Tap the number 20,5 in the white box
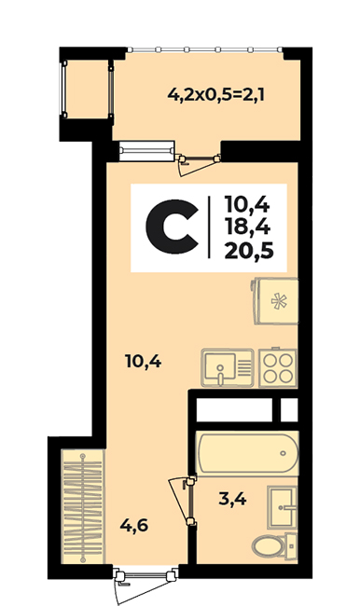pyautogui.click(x=249, y=251)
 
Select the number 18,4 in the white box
pyautogui.click(x=247, y=227)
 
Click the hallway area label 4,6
pyautogui.click(x=133, y=525)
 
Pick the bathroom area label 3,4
pyautogui.click(x=232, y=500)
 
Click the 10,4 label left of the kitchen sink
pyautogui.click(x=143, y=362)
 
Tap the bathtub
pyautogui.click(x=247, y=453)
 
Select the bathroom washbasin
pyautogui.click(x=283, y=507)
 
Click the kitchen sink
pyautogui.click(x=228, y=367)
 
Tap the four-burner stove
pyautogui.click(x=278, y=367)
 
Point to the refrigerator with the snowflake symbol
pyautogui.click(x=275, y=301)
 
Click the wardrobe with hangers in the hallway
pyautogui.click(x=83, y=506)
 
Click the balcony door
pyautogui.click(x=198, y=163)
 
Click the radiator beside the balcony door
pyautogui.click(x=146, y=151)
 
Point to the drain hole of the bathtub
pyautogui.click(x=284, y=453)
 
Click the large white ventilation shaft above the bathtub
pyautogui.click(x=234, y=409)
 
